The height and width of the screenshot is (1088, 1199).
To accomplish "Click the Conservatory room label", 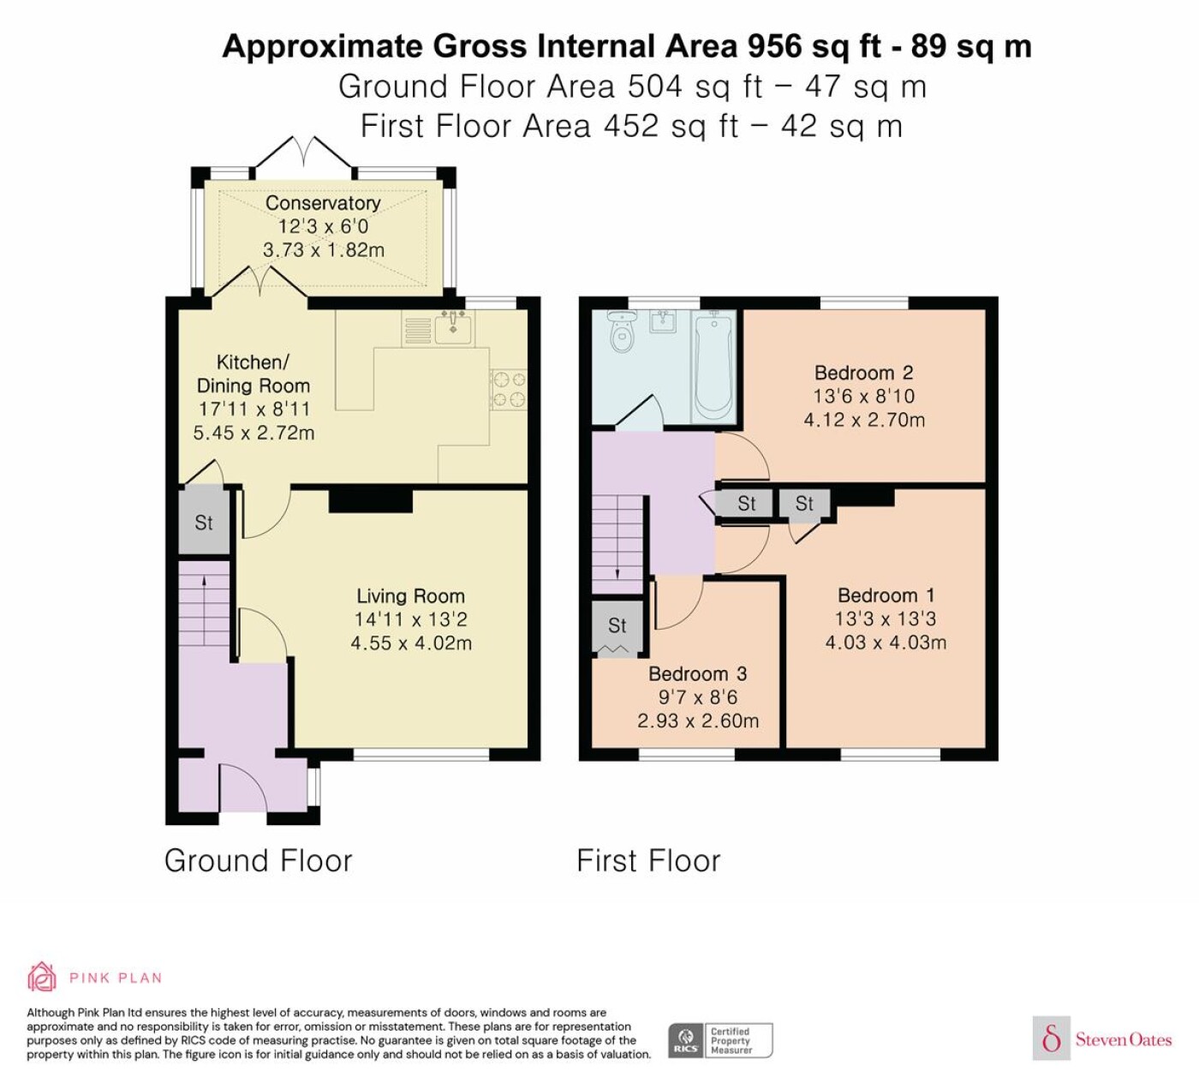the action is pyautogui.click(x=323, y=203).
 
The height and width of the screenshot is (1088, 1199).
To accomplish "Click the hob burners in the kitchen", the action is pyautogui.click(x=509, y=389).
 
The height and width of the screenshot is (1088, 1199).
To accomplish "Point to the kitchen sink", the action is pyautogui.click(x=453, y=328).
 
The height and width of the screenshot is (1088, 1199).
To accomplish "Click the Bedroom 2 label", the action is pyautogui.click(x=863, y=373).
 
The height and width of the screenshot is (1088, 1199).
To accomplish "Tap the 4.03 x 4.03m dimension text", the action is pyautogui.click(x=886, y=643).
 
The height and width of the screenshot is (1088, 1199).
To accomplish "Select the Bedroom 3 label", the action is pyautogui.click(x=697, y=674).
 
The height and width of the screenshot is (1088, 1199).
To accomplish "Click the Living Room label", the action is pyautogui.click(x=410, y=595).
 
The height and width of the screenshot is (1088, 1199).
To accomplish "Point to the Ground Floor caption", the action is pyautogui.click(x=258, y=861).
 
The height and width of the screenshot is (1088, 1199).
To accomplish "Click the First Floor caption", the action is pyautogui.click(x=648, y=861).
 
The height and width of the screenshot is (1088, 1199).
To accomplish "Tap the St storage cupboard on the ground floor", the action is pyautogui.click(x=204, y=523).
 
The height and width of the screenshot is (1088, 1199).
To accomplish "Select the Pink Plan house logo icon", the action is pyautogui.click(x=42, y=977).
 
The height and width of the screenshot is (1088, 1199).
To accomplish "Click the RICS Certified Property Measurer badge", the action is pyautogui.click(x=720, y=1041).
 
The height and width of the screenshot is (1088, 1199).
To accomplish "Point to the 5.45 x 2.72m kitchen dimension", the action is pyautogui.click(x=254, y=433).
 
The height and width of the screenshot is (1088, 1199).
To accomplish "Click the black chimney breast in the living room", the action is pyautogui.click(x=371, y=500).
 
